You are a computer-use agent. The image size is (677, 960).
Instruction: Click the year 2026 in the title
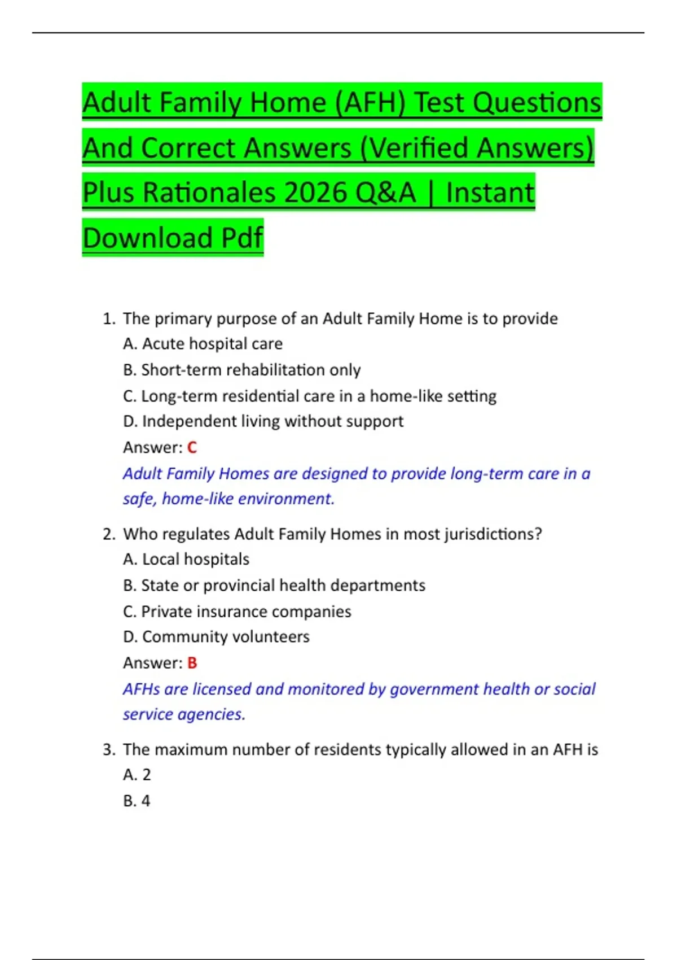click(316, 193)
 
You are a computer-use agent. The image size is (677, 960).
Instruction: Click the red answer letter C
click(192, 448)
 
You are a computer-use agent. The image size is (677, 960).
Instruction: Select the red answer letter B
click(192, 663)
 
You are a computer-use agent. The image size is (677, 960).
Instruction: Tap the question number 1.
click(108, 319)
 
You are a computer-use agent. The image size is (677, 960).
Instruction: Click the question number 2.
click(108, 534)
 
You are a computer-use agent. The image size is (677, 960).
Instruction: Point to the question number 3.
click(108, 750)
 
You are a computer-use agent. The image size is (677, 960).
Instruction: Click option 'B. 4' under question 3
click(137, 801)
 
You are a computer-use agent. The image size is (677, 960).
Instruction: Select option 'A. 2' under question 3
click(137, 775)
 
